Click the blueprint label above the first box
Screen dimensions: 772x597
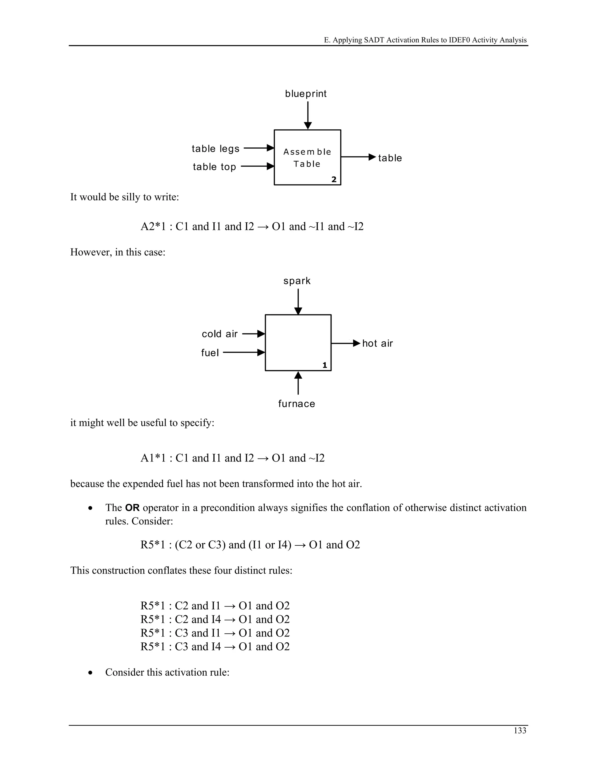point(305,94)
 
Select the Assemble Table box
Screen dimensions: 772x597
point(307,158)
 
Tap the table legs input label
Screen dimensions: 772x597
point(215,149)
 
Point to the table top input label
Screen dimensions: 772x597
point(214,167)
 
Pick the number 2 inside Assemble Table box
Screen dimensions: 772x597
point(333,179)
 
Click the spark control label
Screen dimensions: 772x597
point(297,281)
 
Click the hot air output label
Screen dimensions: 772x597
point(377,343)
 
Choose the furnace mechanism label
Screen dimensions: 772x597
point(296,404)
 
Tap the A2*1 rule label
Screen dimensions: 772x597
point(153,227)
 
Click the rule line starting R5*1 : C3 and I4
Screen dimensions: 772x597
point(215,646)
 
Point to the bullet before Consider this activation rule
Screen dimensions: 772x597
point(91,673)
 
